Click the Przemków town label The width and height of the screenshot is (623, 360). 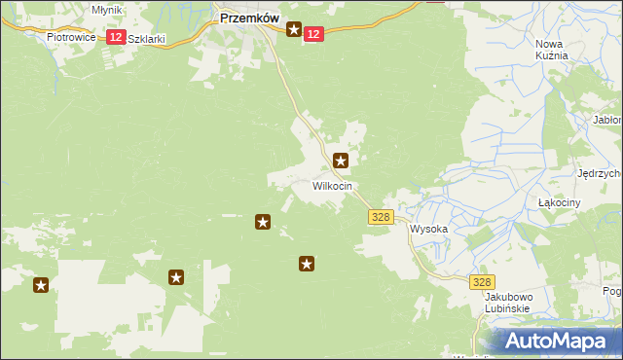249,18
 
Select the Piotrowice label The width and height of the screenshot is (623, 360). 69,37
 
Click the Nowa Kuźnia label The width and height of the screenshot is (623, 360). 551,50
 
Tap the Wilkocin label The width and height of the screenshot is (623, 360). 332,185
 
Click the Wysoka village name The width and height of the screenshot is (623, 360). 428,230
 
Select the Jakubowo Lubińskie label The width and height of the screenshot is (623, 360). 506,302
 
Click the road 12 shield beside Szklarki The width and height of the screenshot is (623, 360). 115,37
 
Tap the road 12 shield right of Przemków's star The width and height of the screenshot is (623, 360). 311,34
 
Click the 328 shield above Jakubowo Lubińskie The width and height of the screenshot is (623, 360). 480,281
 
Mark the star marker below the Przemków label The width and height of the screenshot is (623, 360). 293,31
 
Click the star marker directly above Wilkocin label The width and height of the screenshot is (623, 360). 341,161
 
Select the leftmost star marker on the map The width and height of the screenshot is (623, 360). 41,285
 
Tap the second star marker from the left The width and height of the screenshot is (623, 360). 176,277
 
